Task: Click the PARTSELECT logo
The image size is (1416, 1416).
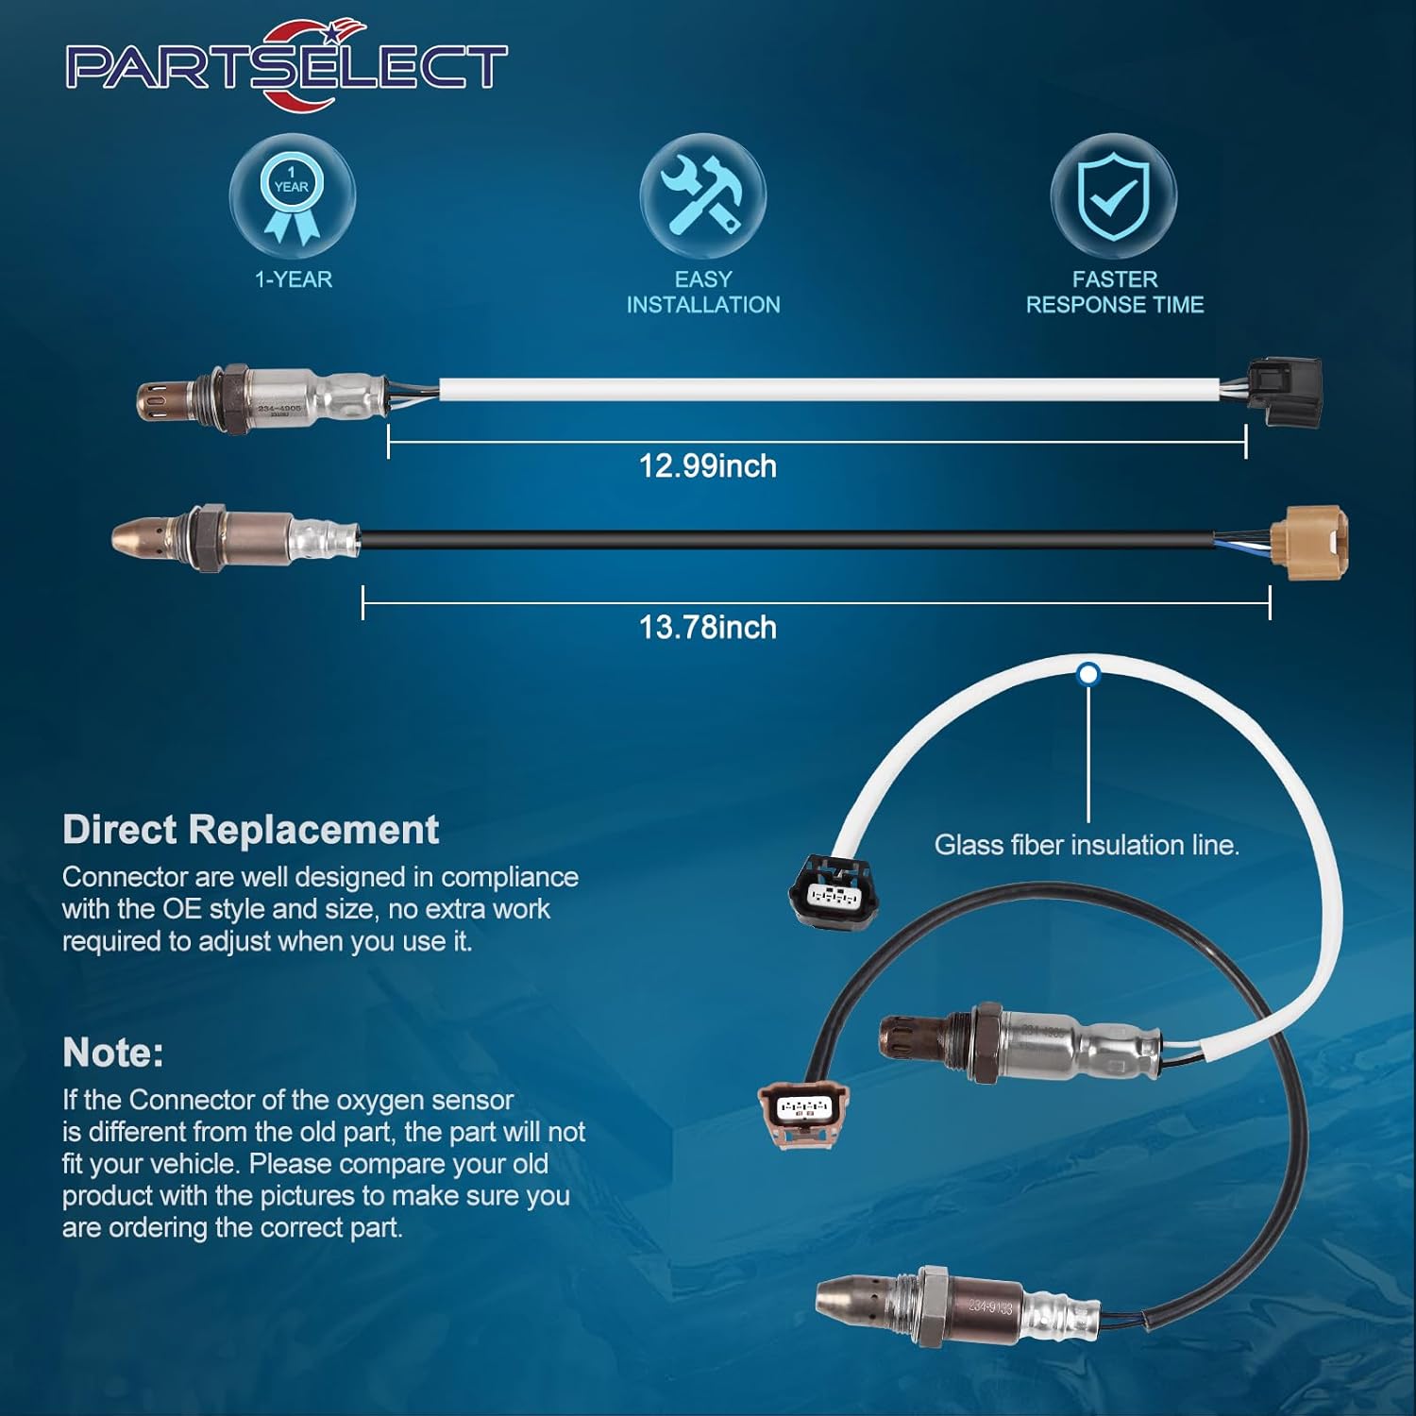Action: [286, 66]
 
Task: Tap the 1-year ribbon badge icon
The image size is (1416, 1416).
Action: [293, 196]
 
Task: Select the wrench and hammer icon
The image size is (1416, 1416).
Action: [702, 196]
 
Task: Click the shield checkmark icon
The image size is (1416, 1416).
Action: [1114, 196]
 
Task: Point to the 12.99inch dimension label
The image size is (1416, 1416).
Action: [708, 466]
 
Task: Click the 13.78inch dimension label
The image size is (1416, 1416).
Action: [708, 628]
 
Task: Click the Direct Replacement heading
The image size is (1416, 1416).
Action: [250, 830]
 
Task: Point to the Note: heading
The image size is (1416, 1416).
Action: [113, 1053]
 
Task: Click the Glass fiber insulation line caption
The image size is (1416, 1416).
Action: [1087, 845]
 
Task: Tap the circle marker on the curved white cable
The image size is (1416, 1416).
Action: [1088, 674]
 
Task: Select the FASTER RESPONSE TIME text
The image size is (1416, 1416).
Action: [1115, 293]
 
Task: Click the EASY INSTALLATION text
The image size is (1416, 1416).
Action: [703, 293]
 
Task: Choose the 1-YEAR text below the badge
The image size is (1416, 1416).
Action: [294, 279]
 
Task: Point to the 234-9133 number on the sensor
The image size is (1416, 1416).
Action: [990, 1307]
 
